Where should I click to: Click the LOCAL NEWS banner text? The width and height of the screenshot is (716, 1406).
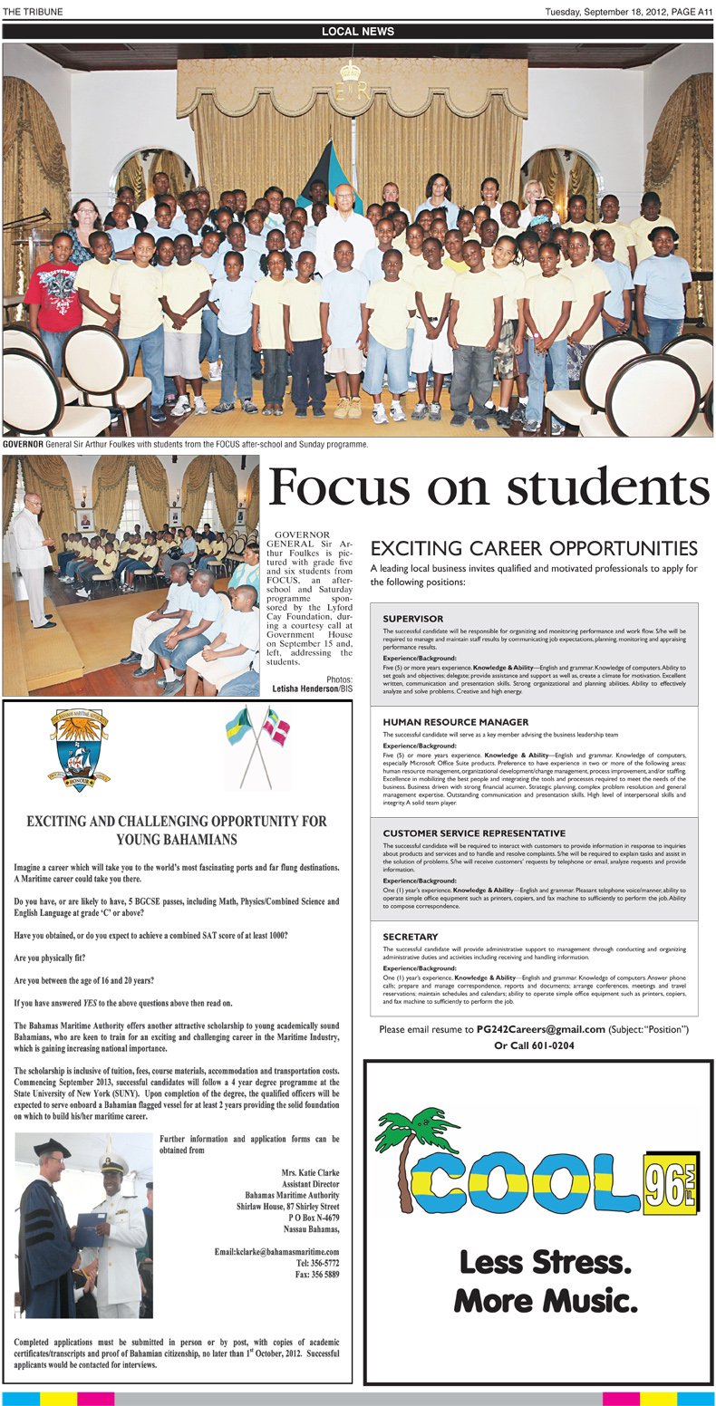tap(358, 32)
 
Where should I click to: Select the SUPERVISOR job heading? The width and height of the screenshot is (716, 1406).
tap(412, 619)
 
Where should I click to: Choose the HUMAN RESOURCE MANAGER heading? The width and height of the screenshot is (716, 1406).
tap(455, 722)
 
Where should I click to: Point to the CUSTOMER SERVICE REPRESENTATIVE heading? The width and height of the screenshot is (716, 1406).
tap(473, 833)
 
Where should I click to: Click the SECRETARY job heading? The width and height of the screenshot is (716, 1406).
tap(410, 937)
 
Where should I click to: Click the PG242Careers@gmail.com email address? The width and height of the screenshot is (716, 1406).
tap(541, 1029)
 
